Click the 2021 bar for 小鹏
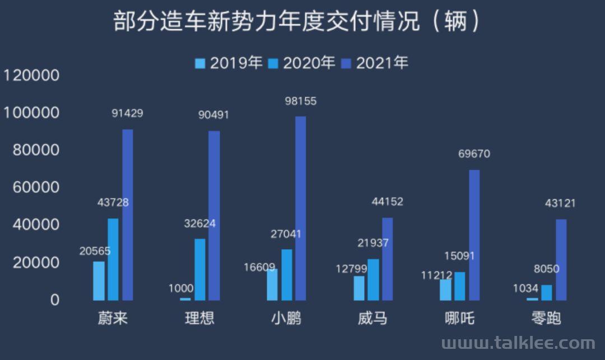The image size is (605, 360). pos(301,208)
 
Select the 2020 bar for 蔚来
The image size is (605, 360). pos(113,259)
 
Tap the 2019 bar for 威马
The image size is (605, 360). pos(359,288)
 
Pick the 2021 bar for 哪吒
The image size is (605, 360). pos(474,235)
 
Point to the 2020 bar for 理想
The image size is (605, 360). pos(200,269)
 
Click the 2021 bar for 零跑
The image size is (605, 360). pos(561,259)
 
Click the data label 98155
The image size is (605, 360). pos(301,101)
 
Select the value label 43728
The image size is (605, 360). pos(113,202)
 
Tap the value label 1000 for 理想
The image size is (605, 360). pos(181,288)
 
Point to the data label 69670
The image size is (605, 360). pos(474,153)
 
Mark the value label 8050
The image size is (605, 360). pos(546,269)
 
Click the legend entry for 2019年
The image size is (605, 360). pos(229,63)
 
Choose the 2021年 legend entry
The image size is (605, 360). pos(375,63)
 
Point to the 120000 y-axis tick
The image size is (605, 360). pos(31,75)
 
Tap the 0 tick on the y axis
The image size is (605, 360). pos(54,300)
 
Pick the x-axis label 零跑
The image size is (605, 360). pos(546,319)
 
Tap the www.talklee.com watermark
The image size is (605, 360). pos(518,343)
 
